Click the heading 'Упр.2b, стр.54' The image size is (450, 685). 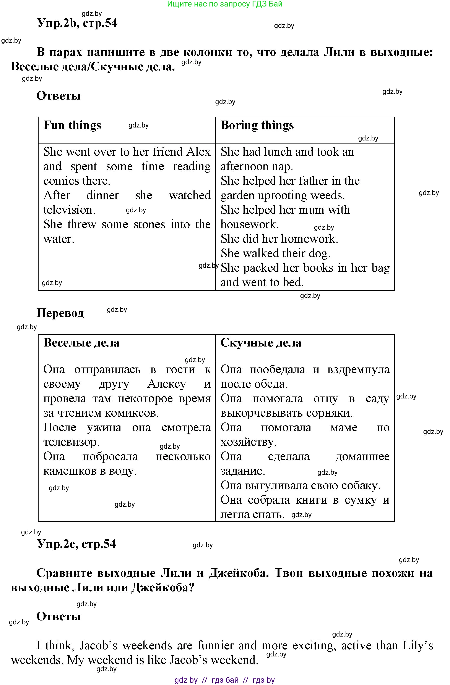tap(77, 23)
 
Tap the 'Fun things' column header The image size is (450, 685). tap(72, 126)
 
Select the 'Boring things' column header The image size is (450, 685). tap(257, 126)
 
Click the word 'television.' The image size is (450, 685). tap(69, 210)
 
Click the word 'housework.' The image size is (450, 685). tap(250, 224)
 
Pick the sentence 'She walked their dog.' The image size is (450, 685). tap(275, 253)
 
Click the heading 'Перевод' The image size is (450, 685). tap(60, 313)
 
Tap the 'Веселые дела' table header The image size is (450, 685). tap(81, 343)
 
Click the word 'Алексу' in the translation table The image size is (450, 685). tap(167, 384)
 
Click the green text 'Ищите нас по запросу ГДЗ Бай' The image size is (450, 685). tap(225, 4)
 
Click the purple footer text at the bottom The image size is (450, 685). tap(225, 680)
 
